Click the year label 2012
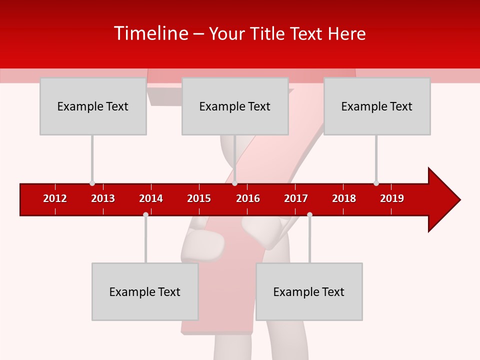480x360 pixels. [55, 198]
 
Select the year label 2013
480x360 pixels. [103, 198]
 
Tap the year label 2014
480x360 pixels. [151, 198]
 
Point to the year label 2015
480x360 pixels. [199, 198]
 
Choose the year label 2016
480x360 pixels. [248, 198]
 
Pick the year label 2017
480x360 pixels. [296, 198]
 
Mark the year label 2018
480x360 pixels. [344, 198]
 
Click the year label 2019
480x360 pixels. [392, 198]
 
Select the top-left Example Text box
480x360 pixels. [93, 106]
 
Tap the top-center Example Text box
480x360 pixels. [235, 106]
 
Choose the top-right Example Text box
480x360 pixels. [377, 106]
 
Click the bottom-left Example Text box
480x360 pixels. [145, 291]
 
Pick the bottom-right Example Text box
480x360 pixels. [309, 291]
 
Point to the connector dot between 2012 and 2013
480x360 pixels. [92, 183]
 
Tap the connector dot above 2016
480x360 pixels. [234, 183]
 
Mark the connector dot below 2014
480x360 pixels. [145, 214]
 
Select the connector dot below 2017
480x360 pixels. [309, 214]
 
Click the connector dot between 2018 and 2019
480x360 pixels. [376, 183]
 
